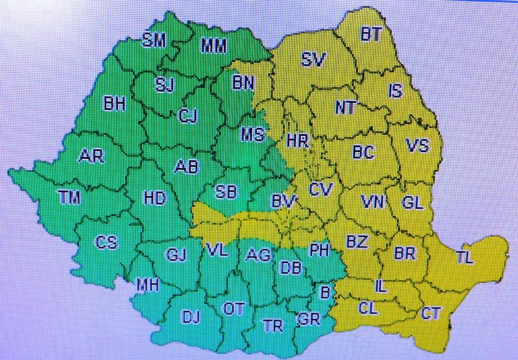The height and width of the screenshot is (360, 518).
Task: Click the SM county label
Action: [x=154, y=40]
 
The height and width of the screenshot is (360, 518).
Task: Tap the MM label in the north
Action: [x=214, y=46]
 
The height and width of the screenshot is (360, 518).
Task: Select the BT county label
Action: [x=372, y=34]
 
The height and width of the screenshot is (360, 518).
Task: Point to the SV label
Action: [x=313, y=59]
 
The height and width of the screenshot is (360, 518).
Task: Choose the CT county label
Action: [x=431, y=313]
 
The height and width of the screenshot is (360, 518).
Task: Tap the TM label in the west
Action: [x=69, y=198]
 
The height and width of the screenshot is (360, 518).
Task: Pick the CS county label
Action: [x=107, y=243]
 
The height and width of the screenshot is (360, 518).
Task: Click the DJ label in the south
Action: [x=191, y=317]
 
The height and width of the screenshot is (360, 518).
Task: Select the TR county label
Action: [x=273, y=326]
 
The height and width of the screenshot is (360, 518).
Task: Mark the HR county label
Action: [x=297, y=141]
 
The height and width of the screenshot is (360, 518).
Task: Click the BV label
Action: [x=283, y=202]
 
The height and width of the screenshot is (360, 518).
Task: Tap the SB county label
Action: [x=226, y=192]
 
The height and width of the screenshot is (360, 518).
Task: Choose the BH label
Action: [x=114, y=104]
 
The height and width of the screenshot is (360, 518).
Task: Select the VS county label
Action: [x=417, y=146]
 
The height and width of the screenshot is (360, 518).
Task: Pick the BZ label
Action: [x=357, y=242]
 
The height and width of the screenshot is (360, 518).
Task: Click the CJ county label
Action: [x=188, y=116]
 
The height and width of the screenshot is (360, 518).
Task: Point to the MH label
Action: [x=148, y=286]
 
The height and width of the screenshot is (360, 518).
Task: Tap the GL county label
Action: [x=412, y=203]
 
